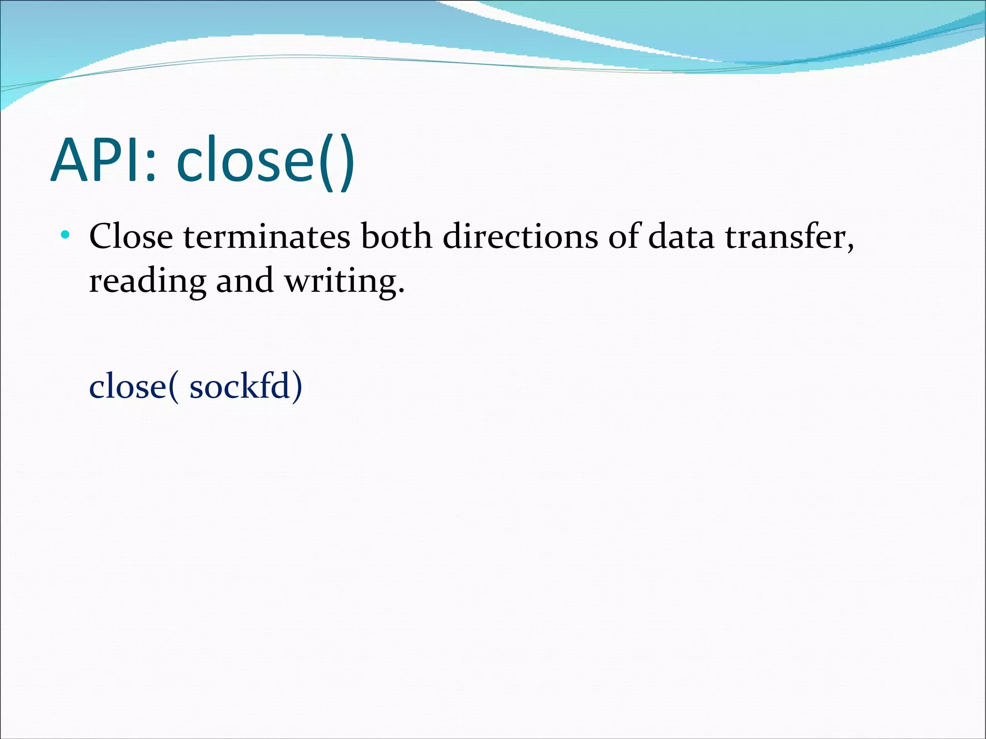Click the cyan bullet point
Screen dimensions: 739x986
[65, 235]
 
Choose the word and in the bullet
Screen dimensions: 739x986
[245, 280]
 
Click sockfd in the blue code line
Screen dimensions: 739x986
[240, 386]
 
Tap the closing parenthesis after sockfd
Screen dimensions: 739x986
[298, 386]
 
